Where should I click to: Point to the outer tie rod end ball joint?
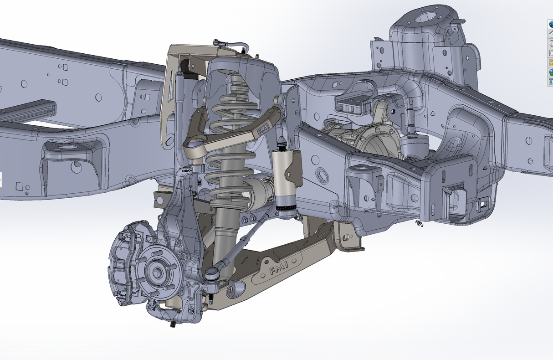coord(212,273)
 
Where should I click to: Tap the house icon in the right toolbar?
coord(550,33)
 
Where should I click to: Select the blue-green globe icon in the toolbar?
coord(550,72)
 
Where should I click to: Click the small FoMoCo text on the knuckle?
coord(186,170)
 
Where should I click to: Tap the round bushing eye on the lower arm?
coord(236,288)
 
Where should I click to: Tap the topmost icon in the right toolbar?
coord(550,24)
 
